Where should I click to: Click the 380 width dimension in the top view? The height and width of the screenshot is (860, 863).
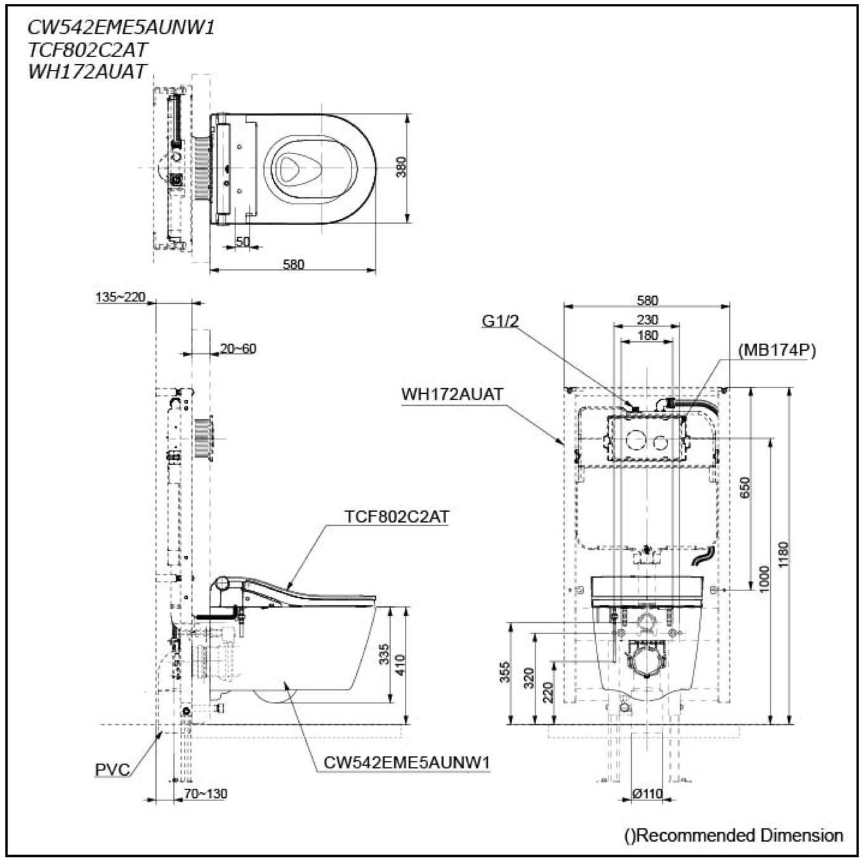coord(402,167)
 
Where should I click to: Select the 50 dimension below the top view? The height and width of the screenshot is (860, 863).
coord(243,242)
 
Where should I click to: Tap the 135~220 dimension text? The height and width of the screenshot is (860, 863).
coord(121,297)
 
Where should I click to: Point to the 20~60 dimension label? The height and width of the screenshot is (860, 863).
coord(238,348)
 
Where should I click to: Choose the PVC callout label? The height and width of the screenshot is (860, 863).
coord(112,769)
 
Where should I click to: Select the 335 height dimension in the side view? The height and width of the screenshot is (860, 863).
coord(385,654)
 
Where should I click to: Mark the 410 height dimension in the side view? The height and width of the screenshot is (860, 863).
coord(400,665)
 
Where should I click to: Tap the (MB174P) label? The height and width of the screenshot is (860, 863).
coord(777,351)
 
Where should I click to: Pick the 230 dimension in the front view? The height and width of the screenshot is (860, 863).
coord(648,320)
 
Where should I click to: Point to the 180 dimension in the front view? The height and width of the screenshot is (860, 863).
coord(648,336)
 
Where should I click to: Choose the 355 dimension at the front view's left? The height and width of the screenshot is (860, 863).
coord(504,672)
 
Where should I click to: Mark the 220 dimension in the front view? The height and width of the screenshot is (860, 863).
coord(548,692)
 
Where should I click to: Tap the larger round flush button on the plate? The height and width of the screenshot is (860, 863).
coord(635,441)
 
